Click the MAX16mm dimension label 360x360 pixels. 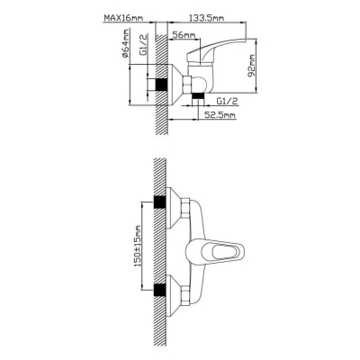(123, 18)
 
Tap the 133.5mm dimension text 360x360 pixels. (206, 18)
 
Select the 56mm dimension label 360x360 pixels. (183, 35)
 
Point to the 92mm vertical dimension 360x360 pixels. (251, 66)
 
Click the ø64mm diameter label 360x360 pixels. (125, 43)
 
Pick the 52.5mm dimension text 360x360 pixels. (220, 114)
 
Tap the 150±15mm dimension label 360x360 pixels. (138, 246)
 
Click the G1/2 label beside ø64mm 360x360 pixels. (144, 45)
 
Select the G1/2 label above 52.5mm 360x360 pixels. (227, 101)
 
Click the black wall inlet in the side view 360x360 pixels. (160, 85)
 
